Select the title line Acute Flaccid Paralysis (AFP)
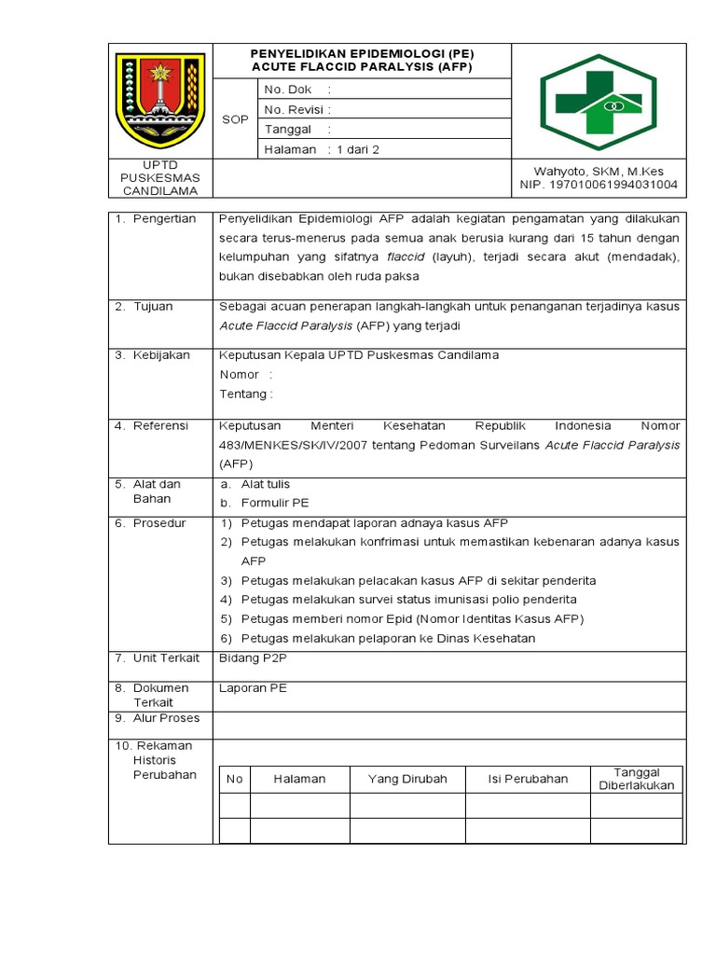tap(362, 68)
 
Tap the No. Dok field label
tap(288, 90)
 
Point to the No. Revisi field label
tap(294, 109)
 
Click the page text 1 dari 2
tap(358, 149)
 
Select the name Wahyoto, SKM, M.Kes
tap(599, 171)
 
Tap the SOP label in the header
tap(235, 119)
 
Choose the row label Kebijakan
tap(160, 355)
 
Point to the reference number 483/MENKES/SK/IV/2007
tap(292, 445)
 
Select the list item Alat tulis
tap(266, 484)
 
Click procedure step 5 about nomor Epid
tap(412, 619)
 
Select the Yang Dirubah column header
tap(407, 779)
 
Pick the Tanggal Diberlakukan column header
tap(636, 779)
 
